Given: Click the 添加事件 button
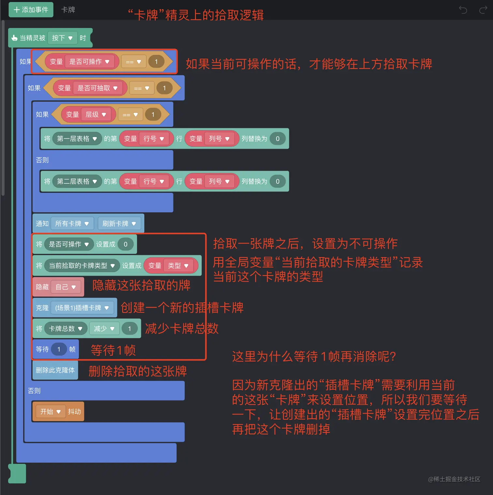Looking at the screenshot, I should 31,10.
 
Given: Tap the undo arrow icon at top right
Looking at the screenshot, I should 463,10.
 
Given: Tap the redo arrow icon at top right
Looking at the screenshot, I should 483,10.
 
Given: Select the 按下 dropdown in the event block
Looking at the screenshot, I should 62,38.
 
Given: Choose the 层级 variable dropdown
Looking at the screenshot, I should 96,115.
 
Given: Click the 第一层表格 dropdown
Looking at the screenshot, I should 77,139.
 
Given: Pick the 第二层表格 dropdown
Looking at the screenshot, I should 77,181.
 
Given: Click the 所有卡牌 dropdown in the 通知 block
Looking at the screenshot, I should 72,224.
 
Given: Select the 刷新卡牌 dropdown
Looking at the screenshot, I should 119,224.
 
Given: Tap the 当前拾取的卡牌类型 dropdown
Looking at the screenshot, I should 82,266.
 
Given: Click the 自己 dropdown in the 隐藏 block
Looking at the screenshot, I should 66,287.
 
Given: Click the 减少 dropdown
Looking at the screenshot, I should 104,329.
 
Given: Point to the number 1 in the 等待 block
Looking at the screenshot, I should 59,349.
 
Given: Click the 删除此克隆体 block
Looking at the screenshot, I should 55,370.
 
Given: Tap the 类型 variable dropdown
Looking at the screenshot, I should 178,266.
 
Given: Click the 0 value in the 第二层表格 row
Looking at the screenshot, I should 277,181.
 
